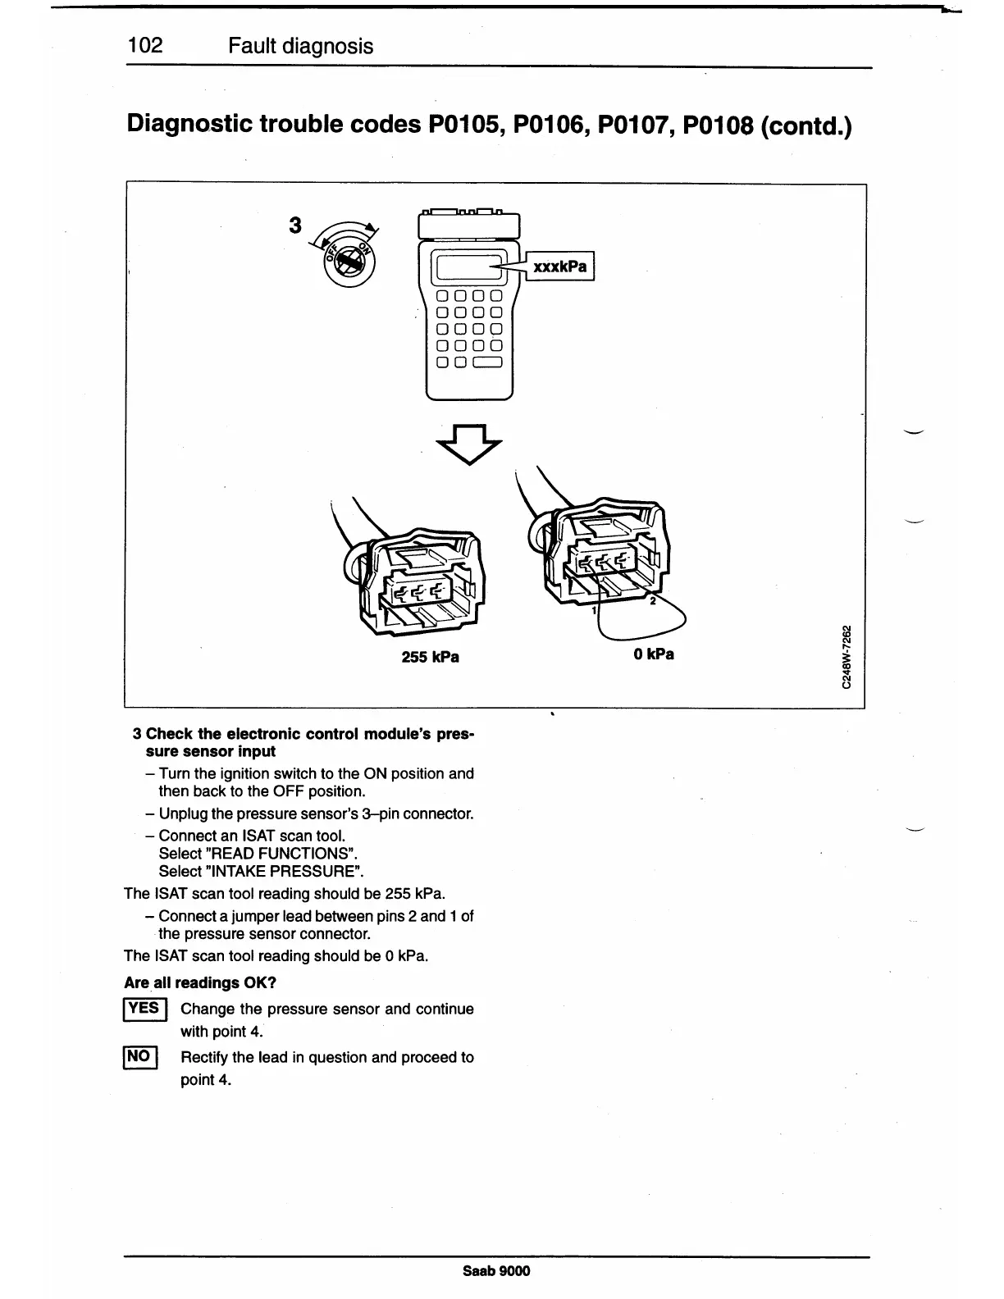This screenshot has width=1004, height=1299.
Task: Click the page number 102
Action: [146, 46]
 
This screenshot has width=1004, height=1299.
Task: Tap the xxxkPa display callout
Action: [559, 267]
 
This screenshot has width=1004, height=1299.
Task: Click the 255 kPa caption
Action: [430, 657]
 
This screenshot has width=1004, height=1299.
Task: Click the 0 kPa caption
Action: [654, 654]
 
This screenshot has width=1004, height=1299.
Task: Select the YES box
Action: [144, 1009]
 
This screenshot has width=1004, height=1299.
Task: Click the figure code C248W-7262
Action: [848, 658]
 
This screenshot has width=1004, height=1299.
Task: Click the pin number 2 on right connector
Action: [652, 601]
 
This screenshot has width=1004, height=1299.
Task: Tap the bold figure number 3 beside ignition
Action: [295, 225]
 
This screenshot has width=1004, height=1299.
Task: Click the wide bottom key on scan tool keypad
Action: [487, 362]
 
